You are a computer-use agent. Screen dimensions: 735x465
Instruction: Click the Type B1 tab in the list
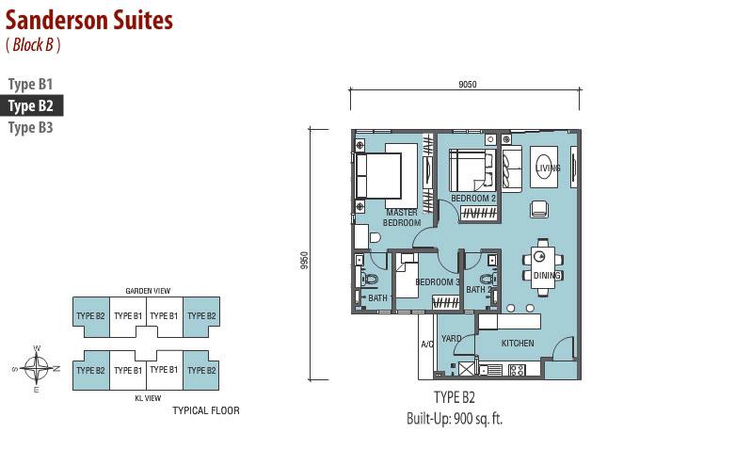point(30,85)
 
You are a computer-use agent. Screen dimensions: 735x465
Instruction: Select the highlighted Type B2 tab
point(31,106)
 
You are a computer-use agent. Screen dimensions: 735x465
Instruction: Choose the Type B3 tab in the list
point(30,127)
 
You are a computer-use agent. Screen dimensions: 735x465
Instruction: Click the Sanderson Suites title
point(89,20)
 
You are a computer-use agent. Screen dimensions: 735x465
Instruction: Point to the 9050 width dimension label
point(468,85)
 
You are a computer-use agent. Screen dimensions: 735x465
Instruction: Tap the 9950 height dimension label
point(305,261)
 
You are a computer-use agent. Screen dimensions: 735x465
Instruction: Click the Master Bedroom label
point(402,217)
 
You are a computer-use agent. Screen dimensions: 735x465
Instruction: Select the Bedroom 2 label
point(473,199)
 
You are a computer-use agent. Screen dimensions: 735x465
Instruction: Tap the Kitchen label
point(518,344)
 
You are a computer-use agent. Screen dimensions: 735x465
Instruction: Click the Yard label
point(451,338)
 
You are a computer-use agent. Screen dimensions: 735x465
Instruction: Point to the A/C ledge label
point(427,345)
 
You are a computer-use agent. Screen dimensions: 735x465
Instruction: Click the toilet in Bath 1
point(369,279)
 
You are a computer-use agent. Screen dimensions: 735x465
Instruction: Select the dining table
point(543,266)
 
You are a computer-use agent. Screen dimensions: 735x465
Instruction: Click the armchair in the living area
point(539,209)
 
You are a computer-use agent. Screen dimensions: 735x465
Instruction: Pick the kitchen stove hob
point(517,370)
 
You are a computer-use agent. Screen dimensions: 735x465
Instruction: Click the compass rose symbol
point(36,368)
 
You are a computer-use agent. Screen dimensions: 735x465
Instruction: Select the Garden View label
point(148,291)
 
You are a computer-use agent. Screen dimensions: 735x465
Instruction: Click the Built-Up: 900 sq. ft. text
point(455,419)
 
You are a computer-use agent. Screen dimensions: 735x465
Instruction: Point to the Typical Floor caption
point(206,410)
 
